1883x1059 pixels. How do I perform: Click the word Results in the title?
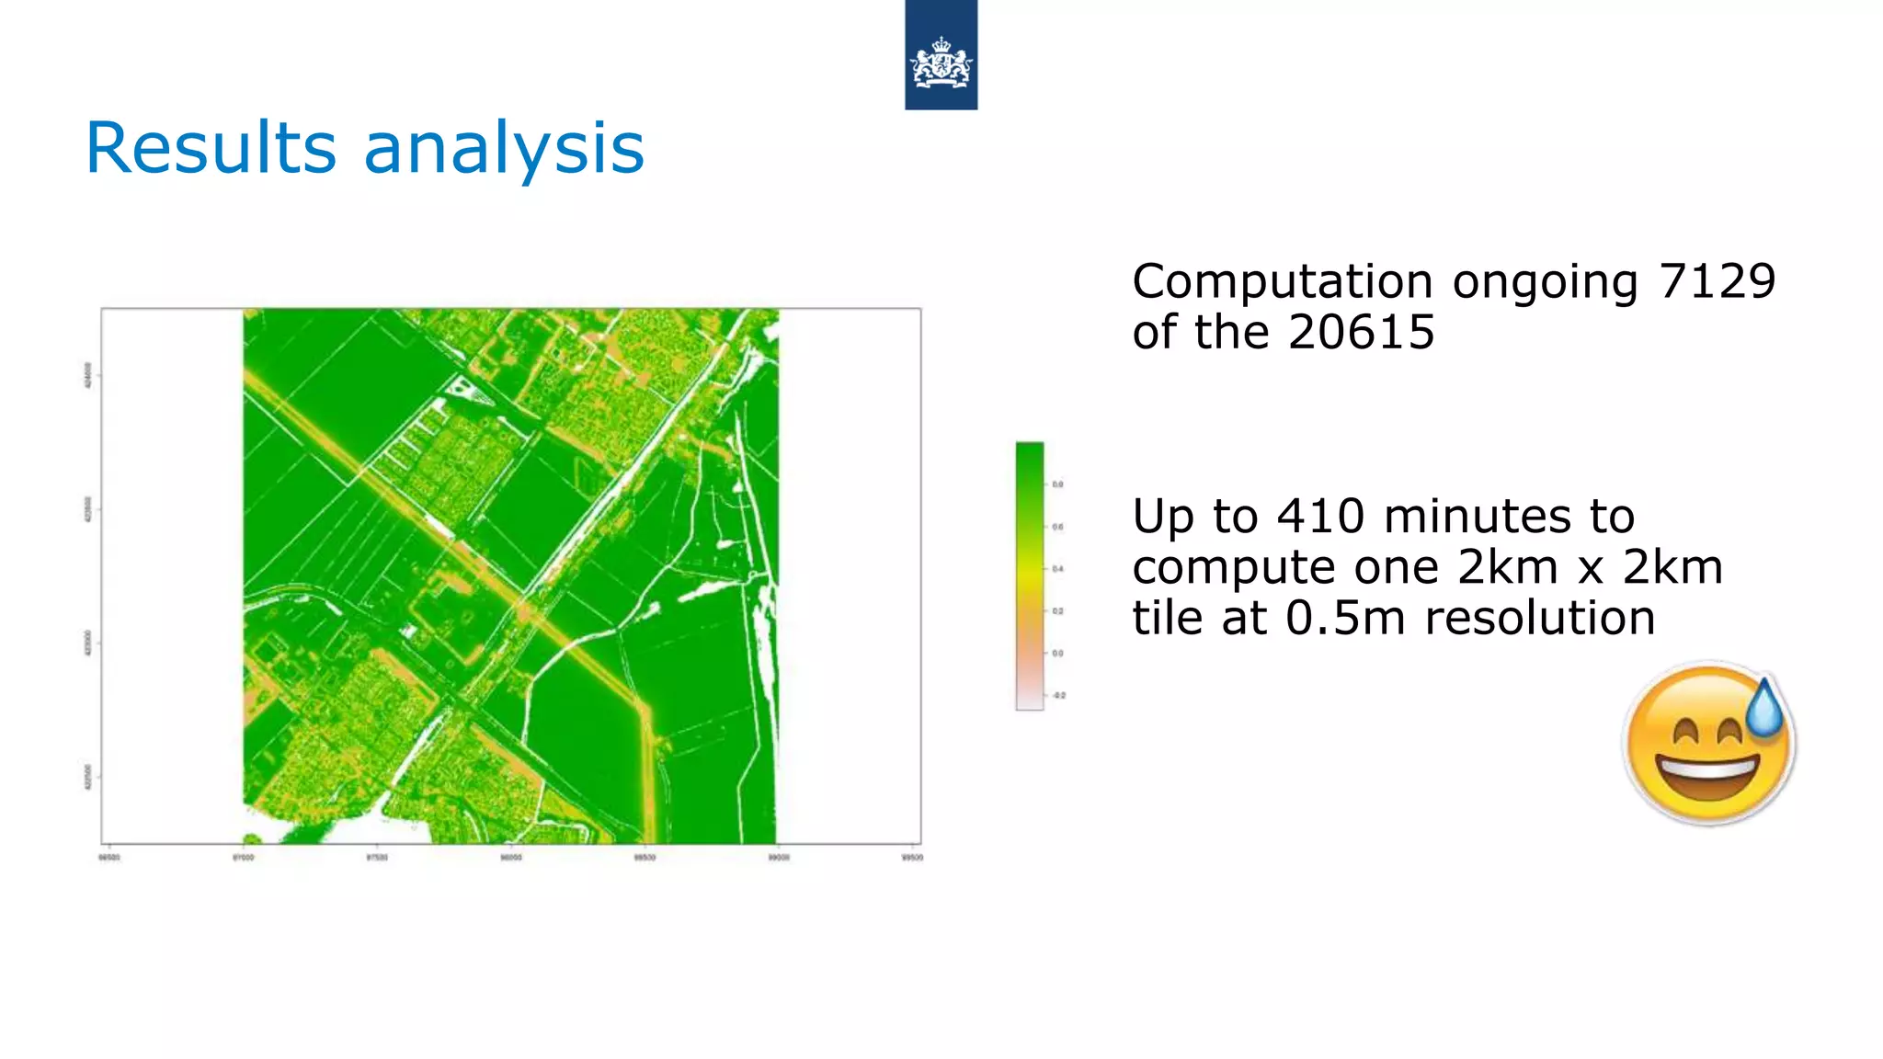pyautogui.click(x=211, y=148)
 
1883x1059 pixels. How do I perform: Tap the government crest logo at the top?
pyautogui.click(x=941, y=63)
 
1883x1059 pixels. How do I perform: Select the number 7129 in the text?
pyautogui.click(x=1717, y=281)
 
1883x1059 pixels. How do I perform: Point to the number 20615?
pyautogui.click(x=1361, y=332)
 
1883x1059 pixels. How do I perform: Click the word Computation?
pyautogui.click(x=1282, y=281)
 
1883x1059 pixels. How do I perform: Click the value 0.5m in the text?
pyautogui.click(x=1345, y=617)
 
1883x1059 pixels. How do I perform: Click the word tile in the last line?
pyautogui.click(x=1168, y=617)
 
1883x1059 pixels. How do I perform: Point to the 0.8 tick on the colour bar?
pyautogui.click(x=1057, y=484)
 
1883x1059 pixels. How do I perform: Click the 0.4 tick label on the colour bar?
pyautogui.click(x=1057, y=569)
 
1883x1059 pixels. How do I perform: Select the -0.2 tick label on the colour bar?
pyautogui.click(x=1058, y=696)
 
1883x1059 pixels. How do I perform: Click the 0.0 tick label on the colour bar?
pyautogui.click(x=1057, y=654)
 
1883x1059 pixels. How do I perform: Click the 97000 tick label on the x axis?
pyautogui.click(x=243, y=858)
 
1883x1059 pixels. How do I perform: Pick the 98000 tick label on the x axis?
pyautogui.click(x=510, y=858)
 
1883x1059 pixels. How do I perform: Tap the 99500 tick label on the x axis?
pyautogui.click(x=912, y=858)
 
